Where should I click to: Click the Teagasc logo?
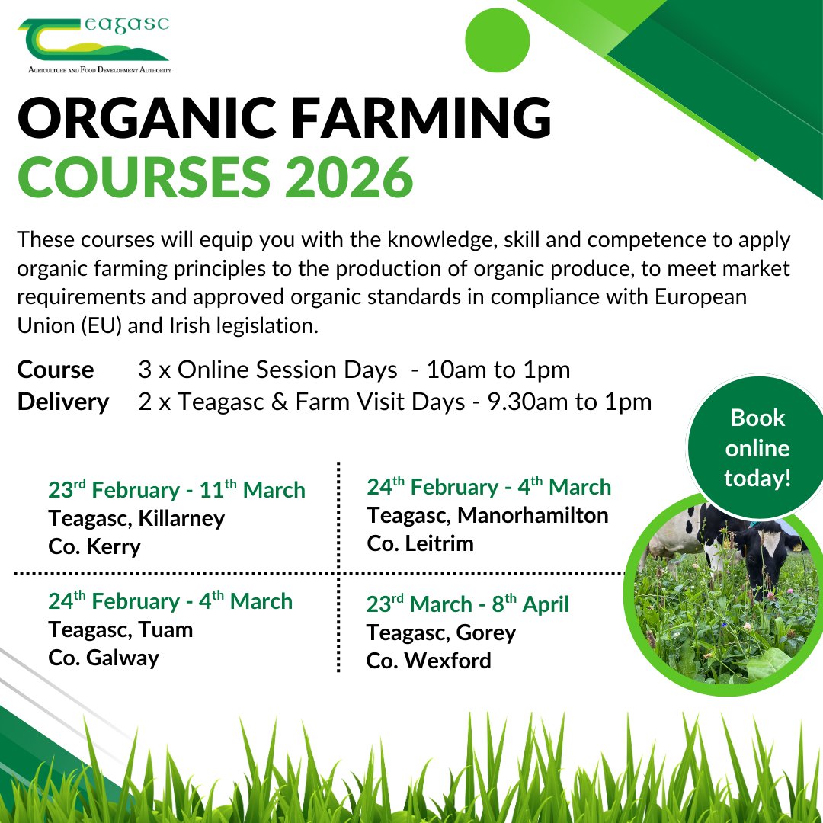(94, 44)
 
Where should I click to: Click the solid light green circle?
(497, 39)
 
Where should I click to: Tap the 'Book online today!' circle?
(757, 448)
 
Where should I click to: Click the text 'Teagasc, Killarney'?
(136, 519)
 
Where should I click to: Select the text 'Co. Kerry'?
(94, 547)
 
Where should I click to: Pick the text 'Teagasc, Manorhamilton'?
(488, 516)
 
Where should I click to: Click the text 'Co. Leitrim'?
(420, 543)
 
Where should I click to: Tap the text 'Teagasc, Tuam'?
(120, 630)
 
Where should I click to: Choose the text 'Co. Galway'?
(104, 658)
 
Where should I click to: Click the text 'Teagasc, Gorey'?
(441, 633)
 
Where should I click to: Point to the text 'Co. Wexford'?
(428, 661)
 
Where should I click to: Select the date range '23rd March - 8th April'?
(467, 604)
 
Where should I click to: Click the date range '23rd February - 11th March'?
(177, 490)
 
